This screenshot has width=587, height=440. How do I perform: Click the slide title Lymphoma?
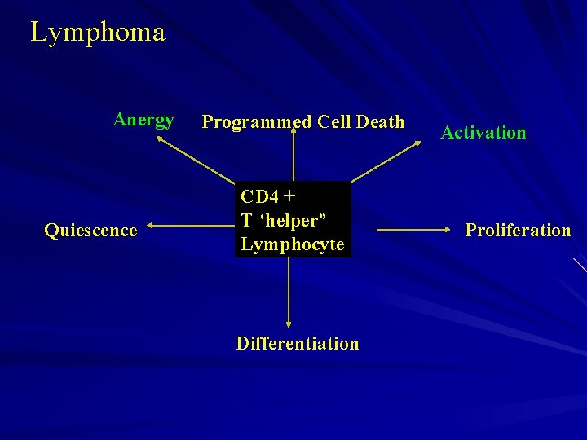pyautogui.click(x=98, y=33)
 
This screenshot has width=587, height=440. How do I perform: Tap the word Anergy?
pyautogui.click(x=143, y=121)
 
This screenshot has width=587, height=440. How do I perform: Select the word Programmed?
pyautogui.click(x=257, y=122)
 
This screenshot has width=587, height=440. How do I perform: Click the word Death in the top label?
pyautogui.click(x=380, y=122)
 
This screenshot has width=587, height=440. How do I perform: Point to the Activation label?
pyautogui.click(x=483, y=132)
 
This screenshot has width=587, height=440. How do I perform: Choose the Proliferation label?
pyautogui.click(x=518, y=230)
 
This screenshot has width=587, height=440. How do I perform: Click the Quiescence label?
pyautogui.click(x=90, y=231)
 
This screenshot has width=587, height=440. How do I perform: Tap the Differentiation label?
pyautogui.click(x=297, y=343)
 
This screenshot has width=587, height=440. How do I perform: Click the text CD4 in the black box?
pyautogui.click(x=260, y=197)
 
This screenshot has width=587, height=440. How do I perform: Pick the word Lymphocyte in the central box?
pyautogui.click(x=293, y=244)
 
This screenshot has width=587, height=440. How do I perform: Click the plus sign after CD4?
pyautogui.click(x=290, y=196)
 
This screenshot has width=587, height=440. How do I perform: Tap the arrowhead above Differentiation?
pyautogui.click(x=289, y=323)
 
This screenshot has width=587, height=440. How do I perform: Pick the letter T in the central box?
pyautogui.click(x=246, y=221)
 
